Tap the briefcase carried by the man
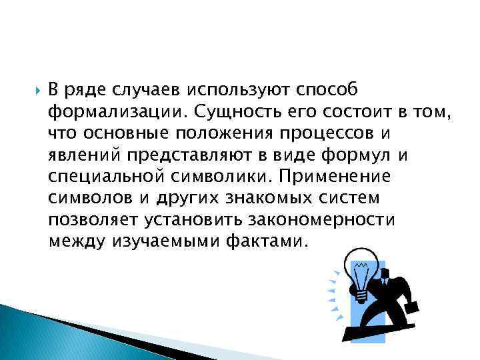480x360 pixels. tap(412, 309)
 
